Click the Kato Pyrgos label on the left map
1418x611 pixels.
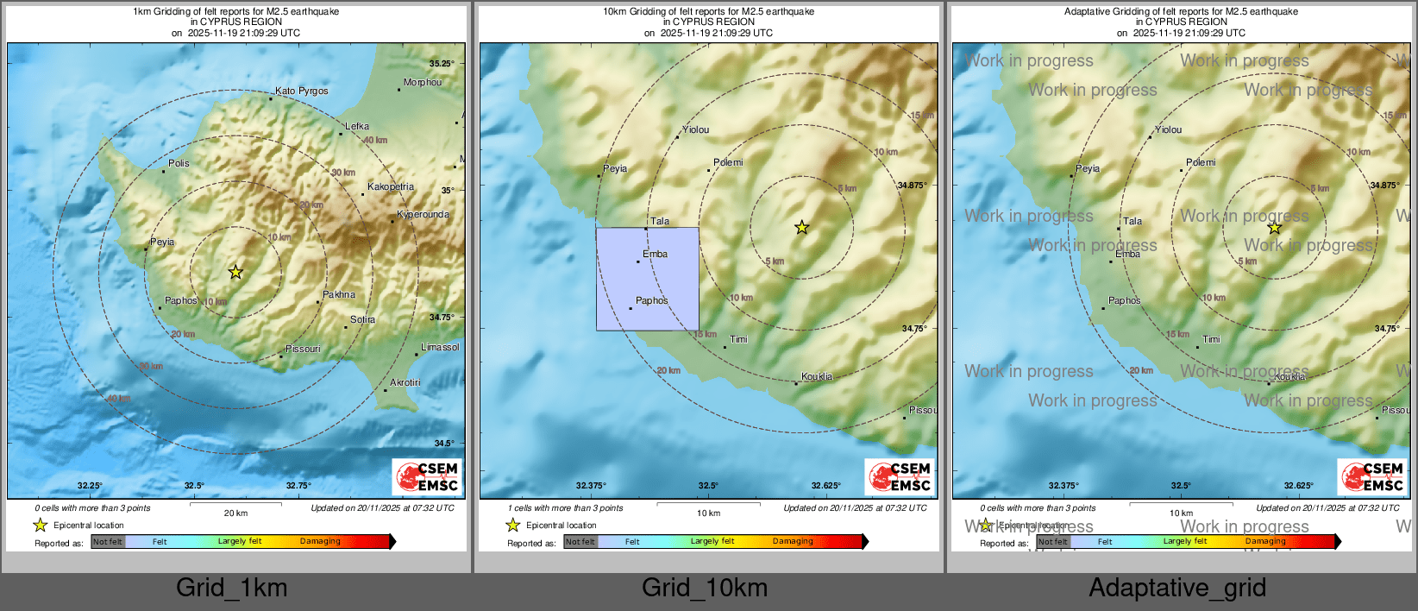301,91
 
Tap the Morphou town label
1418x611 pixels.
422,83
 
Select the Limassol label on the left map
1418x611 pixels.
440,347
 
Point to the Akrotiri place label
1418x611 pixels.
405,382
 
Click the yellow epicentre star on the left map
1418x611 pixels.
235,272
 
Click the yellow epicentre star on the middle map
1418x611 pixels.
802,227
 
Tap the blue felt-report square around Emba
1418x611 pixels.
647,279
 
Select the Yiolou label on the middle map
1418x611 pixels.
695,129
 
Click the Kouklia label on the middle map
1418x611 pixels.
816,376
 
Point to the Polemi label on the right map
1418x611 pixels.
1201,162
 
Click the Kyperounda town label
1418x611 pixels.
423,215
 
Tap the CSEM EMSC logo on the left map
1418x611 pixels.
428,476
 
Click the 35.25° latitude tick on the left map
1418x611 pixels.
442,64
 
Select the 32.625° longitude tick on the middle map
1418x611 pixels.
826,486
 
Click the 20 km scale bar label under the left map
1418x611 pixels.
235,513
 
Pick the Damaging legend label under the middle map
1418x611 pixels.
793,541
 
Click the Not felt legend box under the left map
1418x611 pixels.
108,542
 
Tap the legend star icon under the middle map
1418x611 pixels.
513,525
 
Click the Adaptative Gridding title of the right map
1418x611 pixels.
1180,12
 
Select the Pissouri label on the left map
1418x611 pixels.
303,349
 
